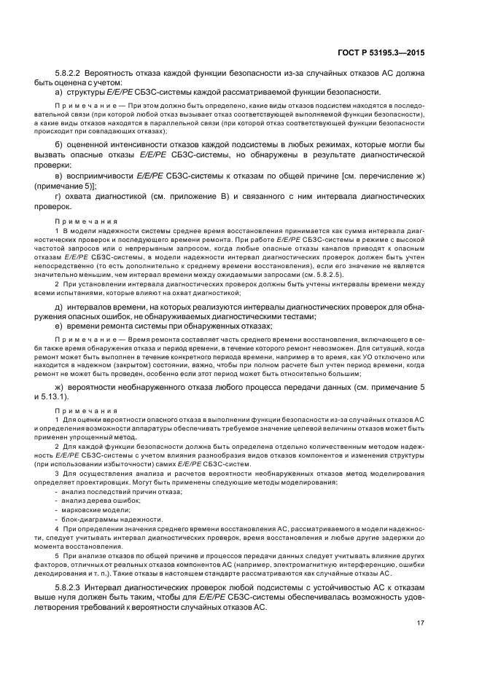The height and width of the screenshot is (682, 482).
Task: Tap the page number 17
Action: click(421, 623)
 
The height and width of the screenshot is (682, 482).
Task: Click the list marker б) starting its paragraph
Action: click(60, 144)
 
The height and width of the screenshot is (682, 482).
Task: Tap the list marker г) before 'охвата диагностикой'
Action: click(59, 197)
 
